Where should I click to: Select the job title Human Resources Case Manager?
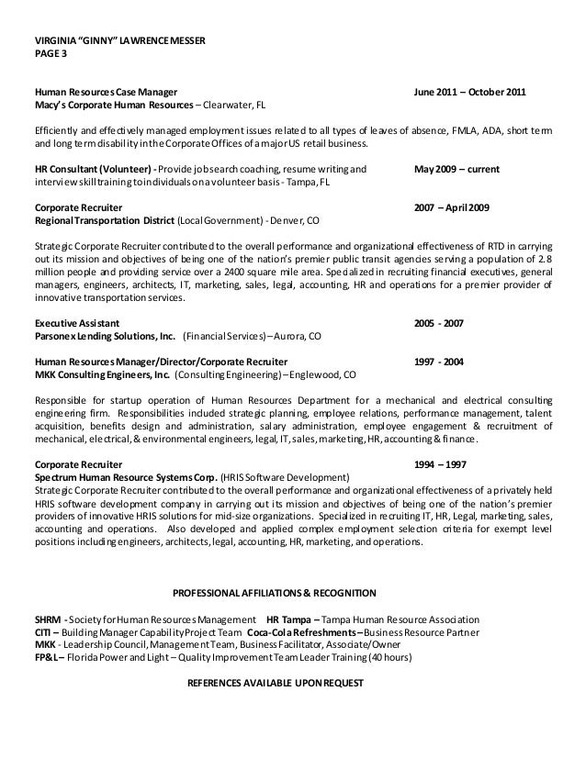106,94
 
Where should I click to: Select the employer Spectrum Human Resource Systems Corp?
125,478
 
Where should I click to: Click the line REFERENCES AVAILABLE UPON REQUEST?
276,684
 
